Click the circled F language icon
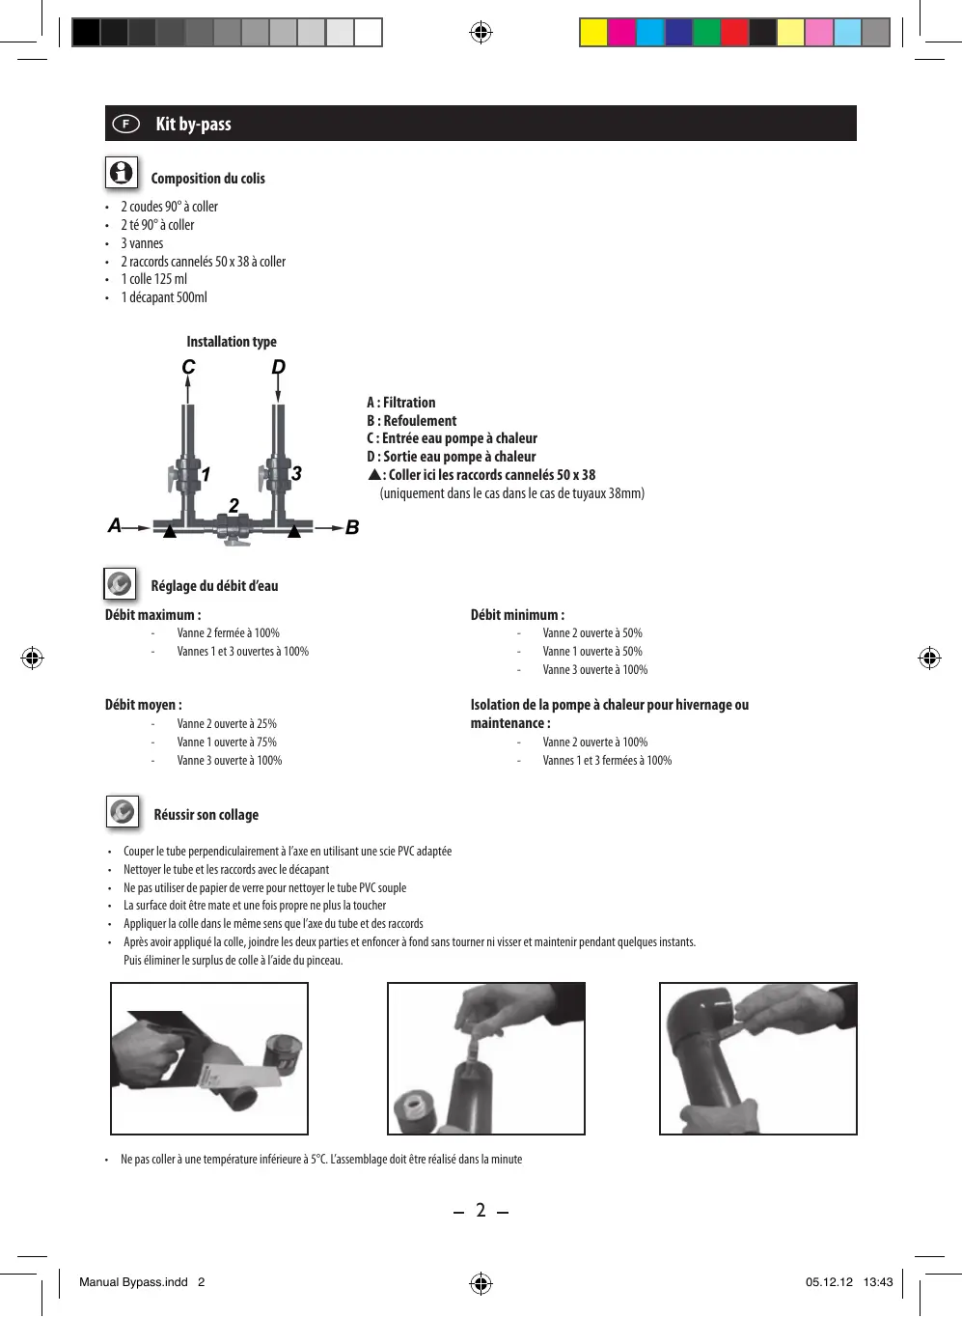pos(125,124)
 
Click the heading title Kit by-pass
pos(193,124)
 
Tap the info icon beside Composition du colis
pos(122,173)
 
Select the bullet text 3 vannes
pos(142,243)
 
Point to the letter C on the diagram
pos(188,367)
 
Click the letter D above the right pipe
pos(279,367)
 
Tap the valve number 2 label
pos(234,505)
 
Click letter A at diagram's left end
pos(115,525)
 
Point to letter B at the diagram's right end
pos(352,527)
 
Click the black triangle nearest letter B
pos(294,531)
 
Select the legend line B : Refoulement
pos(411,420)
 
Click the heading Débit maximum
pos(152,615)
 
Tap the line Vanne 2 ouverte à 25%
pos(227,723)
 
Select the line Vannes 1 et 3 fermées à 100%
pos(607,760)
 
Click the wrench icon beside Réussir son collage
pos(123,812)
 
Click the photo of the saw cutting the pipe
pos(209,1058)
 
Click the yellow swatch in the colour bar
pos(592,33)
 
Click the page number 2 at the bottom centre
pos(481,1210)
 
